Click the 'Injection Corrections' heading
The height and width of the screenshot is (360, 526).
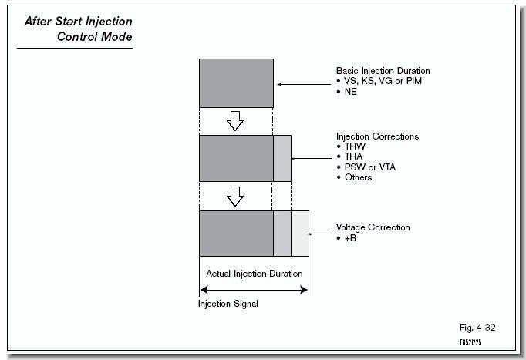(377, 136)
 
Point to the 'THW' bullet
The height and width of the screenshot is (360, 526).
(356, 146)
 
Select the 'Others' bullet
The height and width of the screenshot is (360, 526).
(357, 177)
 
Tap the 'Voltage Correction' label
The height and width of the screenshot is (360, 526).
(373, 227)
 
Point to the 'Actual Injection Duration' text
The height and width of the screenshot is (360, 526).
(254, 274)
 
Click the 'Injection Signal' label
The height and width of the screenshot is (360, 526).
(228, 304)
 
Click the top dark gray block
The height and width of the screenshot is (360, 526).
(235, 82)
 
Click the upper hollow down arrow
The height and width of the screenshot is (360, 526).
(235, 121)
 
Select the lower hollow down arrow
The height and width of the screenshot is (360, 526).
(235, 197)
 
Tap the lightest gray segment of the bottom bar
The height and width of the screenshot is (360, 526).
(299, 233)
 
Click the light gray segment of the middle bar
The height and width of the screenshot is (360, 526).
(282, 158)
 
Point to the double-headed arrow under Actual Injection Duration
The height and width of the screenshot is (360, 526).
(254, 290)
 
